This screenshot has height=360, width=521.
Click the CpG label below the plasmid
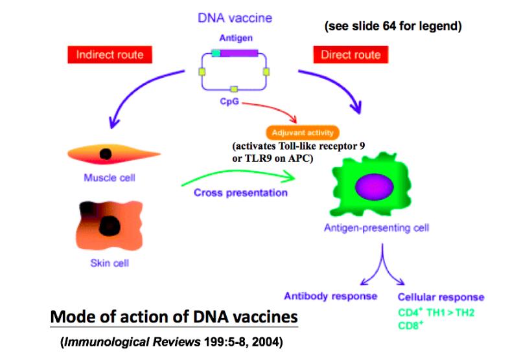point(233,102)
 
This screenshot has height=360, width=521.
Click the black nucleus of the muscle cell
point(103,153)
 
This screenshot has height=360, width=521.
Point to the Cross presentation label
point(240,192)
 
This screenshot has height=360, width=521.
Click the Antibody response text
point(330,296)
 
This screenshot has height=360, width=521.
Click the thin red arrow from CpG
point(272,111)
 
